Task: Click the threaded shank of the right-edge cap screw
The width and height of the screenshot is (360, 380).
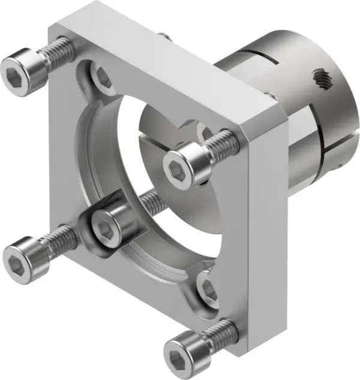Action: (x=222, y=143)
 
